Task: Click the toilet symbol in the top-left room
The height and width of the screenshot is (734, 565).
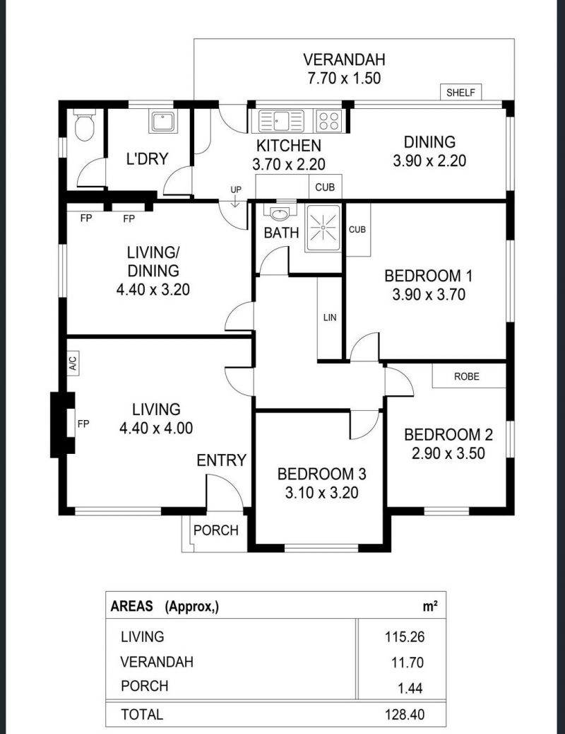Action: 85,125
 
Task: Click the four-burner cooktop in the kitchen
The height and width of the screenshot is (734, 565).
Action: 329,121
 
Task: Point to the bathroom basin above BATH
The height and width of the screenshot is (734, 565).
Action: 280,214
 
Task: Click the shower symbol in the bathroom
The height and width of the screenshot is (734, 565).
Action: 323,228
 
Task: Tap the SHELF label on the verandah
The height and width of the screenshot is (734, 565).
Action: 460,92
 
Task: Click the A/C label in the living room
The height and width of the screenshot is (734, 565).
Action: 73,363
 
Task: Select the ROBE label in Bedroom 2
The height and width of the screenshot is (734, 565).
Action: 467,376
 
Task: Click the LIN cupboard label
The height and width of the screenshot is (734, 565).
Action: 330,318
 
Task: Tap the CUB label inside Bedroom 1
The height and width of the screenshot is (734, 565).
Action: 357,229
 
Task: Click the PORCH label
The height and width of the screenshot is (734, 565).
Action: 216,530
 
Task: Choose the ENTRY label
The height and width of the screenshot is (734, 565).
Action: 221,460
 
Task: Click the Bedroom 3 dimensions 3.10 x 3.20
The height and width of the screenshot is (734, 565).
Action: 322,492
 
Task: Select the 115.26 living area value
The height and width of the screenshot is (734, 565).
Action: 405,636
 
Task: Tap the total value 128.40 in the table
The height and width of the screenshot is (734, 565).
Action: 405,714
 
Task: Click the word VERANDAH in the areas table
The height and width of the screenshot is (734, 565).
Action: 157,662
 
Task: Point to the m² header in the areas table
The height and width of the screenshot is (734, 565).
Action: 430,606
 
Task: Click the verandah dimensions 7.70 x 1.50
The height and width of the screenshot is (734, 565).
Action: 344,78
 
